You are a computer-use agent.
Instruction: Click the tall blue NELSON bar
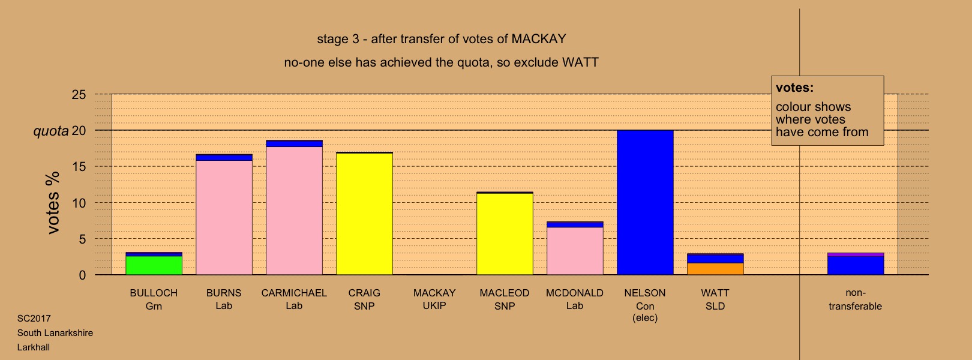[645, 203]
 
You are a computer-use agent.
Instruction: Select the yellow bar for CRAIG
[365, 214]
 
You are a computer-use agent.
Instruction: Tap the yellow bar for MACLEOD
[505, 234]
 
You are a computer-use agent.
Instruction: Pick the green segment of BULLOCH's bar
[154, 265]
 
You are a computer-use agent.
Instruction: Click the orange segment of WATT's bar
[715, 269]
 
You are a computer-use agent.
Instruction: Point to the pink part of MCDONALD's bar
[575, 251]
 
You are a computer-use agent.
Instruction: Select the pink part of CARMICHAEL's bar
[294, 211]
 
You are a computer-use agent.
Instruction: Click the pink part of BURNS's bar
[224, 218]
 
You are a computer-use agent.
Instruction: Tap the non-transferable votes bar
[856, 264]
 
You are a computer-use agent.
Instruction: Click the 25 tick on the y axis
[79, 95]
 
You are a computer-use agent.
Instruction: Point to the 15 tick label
[79, 167]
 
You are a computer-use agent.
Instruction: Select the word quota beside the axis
[51, 131]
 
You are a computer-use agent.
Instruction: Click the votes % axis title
[53, 203]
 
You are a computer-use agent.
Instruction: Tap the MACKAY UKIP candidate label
[434, 299]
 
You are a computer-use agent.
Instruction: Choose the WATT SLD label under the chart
[715, 299]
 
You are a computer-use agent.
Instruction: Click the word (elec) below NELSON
[645, 318]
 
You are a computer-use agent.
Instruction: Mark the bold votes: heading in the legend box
[794, 88]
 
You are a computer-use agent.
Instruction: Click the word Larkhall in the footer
[34, 347]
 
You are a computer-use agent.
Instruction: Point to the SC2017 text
[34, 319]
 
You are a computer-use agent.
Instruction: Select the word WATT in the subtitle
[580, 62]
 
